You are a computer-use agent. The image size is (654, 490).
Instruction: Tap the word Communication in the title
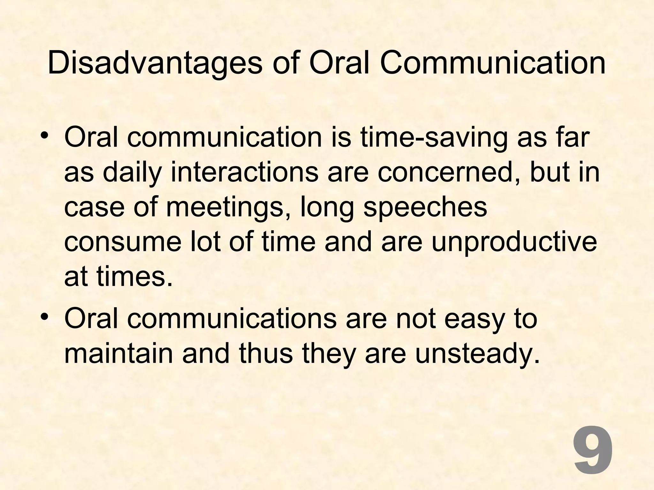click(492, 63)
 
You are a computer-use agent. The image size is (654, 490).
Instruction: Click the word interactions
click(244, 173)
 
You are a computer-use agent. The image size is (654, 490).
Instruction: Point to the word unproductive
click(514, 243)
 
